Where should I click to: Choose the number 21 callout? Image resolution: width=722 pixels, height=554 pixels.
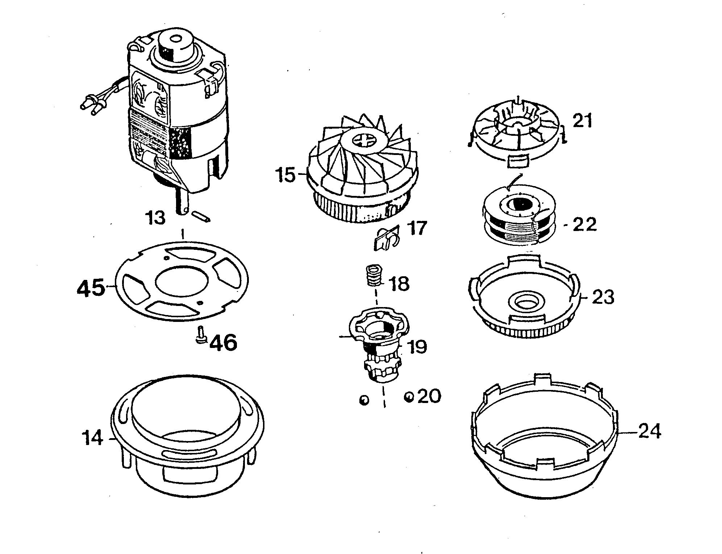pos(583,121)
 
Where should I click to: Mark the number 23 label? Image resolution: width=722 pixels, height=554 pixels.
pos(603,298)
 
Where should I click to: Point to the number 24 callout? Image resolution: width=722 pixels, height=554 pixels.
pos(649,432)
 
